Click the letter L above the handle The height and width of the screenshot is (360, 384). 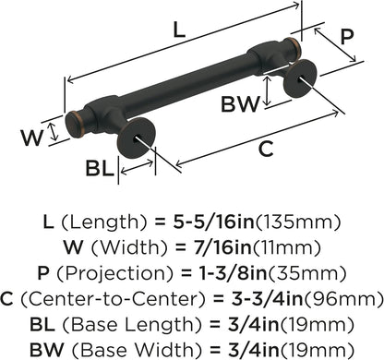tap(179, 30)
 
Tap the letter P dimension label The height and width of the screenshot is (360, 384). tap(346, 37)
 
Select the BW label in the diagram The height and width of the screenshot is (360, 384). tap(240, 104)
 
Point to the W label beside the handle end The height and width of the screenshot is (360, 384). tap(31, 138)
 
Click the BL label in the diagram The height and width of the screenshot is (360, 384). tap(100, 168)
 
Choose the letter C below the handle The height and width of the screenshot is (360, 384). tap(266, 149)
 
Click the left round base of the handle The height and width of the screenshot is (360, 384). tap(137, 138)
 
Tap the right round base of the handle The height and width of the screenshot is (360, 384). tap(300, 78)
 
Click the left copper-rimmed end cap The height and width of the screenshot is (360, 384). tap(74, 125)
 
